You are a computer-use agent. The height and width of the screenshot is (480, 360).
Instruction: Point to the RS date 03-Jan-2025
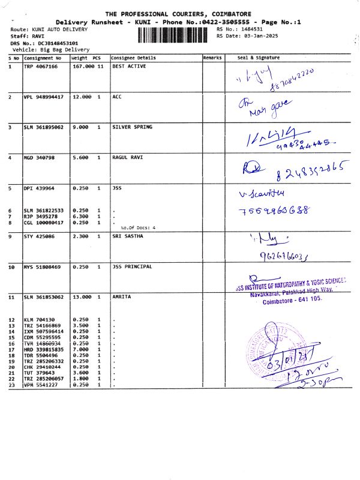(259, 36)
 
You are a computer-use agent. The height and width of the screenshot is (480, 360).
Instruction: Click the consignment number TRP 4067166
(41, 67)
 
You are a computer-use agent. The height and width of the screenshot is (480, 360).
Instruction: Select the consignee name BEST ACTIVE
(129, 67)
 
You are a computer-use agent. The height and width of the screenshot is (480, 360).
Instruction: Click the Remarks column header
(212, 58)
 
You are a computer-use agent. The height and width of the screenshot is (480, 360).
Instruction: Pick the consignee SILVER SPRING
(133, 127)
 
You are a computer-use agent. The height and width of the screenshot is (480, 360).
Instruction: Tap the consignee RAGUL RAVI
(128, 158)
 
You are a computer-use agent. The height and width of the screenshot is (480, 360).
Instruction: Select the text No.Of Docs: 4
(137, 228)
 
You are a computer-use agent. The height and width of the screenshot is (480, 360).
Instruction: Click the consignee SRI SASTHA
(128, 236)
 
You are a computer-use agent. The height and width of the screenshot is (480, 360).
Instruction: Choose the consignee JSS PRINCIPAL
(132, 266)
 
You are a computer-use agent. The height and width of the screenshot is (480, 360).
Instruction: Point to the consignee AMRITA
(122, 297)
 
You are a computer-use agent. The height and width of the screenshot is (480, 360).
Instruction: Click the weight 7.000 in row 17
(80, 349)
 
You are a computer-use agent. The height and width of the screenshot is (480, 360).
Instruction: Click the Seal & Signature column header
(259, 58)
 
